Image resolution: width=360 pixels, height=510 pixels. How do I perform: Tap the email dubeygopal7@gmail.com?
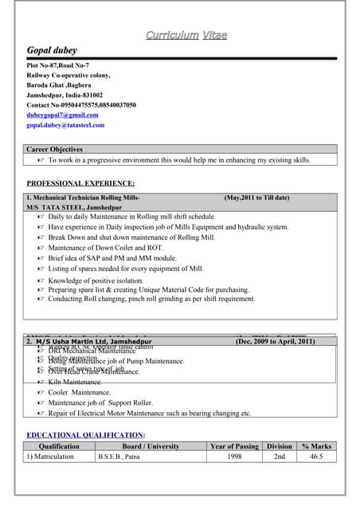point(62,115)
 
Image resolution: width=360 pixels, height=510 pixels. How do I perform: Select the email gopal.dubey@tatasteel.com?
point(65,125)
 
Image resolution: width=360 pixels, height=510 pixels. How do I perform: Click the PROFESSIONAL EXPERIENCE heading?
point(80,183)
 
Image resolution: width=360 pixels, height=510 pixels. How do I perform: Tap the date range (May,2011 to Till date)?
point(256,198)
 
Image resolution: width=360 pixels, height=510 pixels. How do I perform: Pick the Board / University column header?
point(151,446)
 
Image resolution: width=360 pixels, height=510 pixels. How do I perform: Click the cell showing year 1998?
point(234,457)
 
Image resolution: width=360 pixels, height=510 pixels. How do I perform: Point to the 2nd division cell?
point(279,457)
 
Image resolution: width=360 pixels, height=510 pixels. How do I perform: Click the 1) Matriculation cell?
point(53,457)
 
